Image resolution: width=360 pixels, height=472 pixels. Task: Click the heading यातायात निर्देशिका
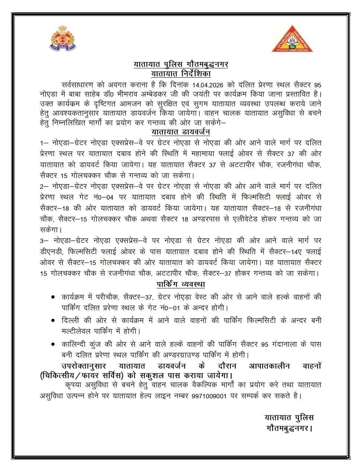tap(181, 74)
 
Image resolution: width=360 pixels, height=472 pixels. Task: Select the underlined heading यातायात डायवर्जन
tap(181, 132)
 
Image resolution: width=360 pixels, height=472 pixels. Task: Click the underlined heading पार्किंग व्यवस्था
tap(181, 285)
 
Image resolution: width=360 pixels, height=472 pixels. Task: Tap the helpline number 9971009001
tap(209, 395)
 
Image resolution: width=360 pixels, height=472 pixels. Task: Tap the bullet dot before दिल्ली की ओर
tap(53, 320)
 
